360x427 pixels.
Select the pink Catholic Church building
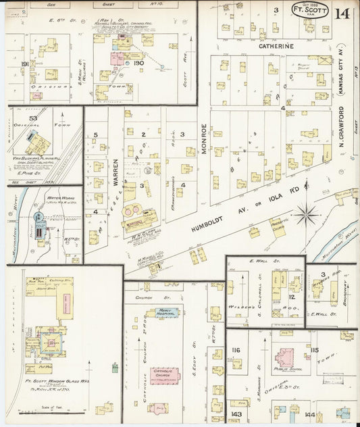[164, 375]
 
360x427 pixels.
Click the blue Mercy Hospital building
[166, 313]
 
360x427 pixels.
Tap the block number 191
[25, 64]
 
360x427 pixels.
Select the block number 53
[32, 118]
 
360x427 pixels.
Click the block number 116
[236, 349]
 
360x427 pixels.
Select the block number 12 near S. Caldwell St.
[292, 297]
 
